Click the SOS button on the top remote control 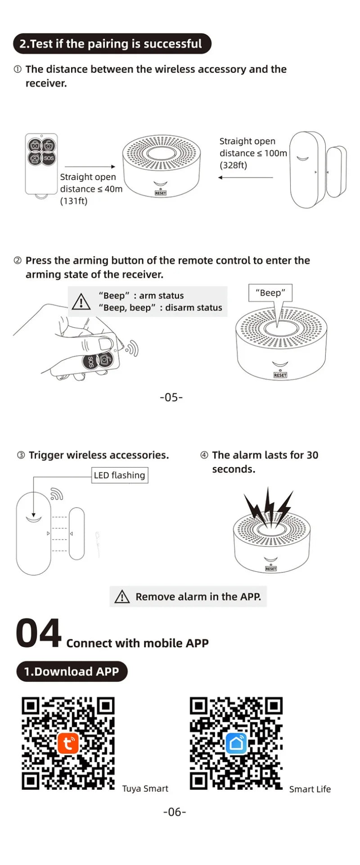49,158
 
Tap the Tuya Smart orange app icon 68,743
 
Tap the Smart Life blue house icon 236,743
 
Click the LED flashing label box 119,475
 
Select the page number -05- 171,397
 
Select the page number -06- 175,812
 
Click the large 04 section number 38,633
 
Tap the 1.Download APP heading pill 72,671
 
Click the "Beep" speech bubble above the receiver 270,293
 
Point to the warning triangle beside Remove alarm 122,597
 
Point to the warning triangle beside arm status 81,302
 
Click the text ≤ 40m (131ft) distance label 91,189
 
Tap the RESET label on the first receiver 161,193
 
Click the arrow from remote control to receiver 90,167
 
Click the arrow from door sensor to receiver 246,178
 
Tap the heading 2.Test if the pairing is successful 111,44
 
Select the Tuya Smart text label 145,789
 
